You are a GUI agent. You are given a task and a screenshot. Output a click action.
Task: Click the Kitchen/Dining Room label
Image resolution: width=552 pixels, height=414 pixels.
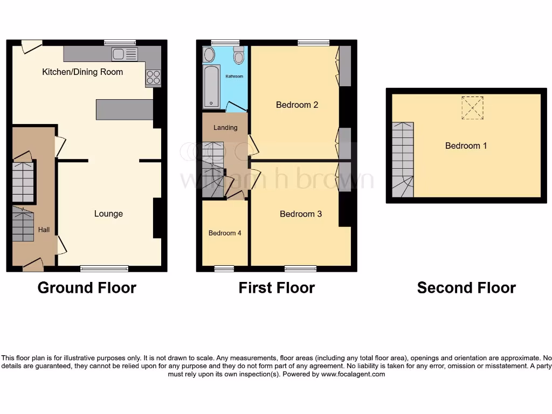(82, 72)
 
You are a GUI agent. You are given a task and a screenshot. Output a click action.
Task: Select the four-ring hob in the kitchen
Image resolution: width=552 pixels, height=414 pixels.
(153, 78)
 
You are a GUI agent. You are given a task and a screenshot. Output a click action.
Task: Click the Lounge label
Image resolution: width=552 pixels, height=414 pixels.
(108, 213)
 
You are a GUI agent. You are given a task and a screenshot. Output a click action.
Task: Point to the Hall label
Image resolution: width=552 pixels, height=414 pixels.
(44, 230)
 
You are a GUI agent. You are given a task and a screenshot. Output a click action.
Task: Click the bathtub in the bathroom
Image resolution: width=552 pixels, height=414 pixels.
(211, 86)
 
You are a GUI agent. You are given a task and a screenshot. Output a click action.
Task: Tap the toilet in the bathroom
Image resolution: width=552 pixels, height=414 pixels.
(238, 56)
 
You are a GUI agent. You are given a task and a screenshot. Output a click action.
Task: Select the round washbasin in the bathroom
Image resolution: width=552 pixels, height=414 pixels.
(209, 54)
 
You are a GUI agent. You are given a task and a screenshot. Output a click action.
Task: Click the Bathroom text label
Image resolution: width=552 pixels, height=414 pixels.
(234, 77)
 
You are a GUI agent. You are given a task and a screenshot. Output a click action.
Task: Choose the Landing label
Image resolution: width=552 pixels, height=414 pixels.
(225, 128)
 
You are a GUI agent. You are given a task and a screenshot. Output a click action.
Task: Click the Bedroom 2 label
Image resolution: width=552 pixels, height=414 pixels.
(297, 105)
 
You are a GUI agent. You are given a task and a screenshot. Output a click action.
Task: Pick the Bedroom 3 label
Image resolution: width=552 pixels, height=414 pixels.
(301, 214)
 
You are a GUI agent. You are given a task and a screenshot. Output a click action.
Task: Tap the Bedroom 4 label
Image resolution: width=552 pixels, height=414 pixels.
(225, 233)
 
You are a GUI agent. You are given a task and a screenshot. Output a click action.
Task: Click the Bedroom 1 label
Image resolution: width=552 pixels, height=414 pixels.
(466, 146)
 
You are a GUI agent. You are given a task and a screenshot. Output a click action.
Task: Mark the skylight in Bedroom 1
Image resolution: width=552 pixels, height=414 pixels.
(472, 108)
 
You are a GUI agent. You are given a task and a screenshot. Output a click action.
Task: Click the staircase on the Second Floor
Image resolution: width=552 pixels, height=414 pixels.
(402, 160)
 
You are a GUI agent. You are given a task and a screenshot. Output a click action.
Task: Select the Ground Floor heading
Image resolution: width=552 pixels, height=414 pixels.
(87, 288)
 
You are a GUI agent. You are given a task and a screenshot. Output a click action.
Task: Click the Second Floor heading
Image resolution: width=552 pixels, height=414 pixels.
(466, 288)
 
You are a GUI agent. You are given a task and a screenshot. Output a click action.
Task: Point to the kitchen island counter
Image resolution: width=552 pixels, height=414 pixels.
(125, 109)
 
